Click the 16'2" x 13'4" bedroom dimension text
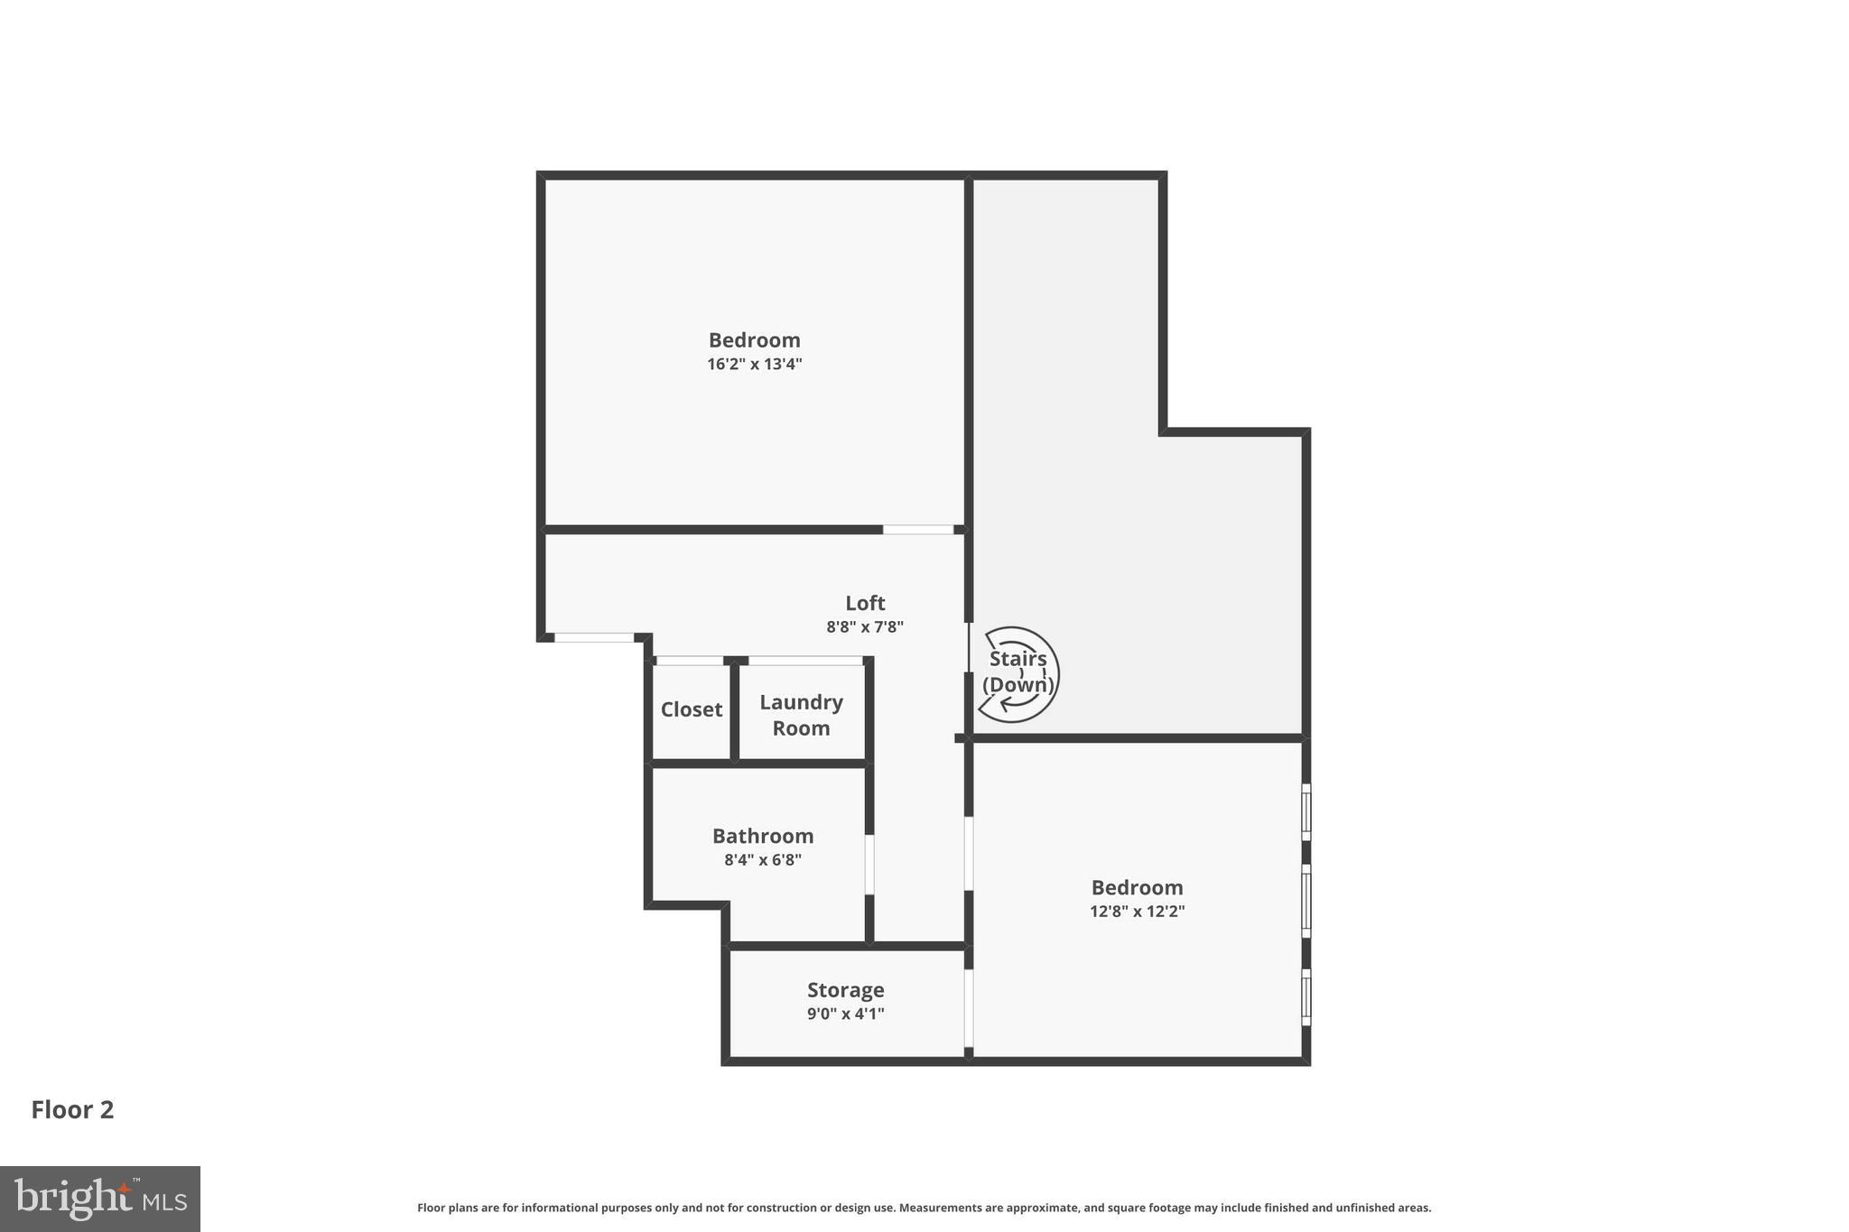point(754,365)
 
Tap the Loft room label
point(865,603)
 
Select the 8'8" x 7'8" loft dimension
point(865,627)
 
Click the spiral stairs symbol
point(1018,674)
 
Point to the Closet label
point(692,709)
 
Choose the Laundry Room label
point(802,715)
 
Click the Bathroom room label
point(763,836)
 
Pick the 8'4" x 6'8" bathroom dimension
point(763,860)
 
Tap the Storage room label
point(846,990)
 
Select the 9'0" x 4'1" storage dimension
point(846,1014)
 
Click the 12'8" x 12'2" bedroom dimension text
point(1137,912)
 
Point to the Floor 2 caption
point(72,1110)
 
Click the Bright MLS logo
point(100,1199)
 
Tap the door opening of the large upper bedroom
point(918,530)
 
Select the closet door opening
point(690,661)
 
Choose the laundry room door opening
point(806,661)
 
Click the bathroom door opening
point(869,864)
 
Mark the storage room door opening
point(969,1007)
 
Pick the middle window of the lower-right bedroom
point(1305,900)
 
